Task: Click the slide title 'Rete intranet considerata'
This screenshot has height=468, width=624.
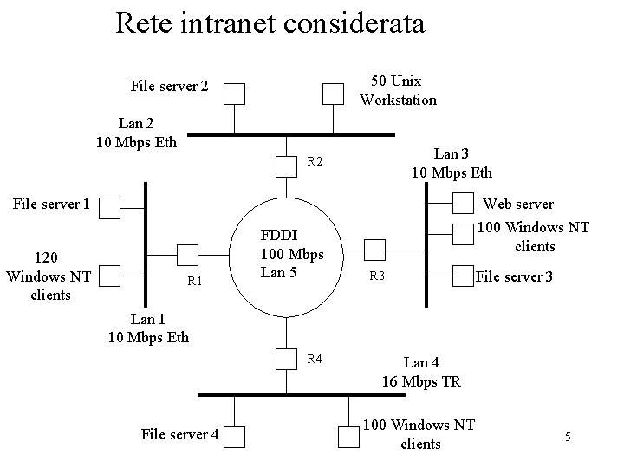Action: click(270, 23)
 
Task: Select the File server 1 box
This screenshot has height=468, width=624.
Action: click(109, 207)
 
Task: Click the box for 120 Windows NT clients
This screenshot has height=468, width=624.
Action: click(109, 275)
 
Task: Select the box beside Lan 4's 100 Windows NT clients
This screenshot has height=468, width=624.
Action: click(348, 436)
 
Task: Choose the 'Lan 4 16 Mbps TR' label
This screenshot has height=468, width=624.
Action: click(421, 373)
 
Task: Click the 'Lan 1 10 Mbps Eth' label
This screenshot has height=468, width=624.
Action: click(147, 328)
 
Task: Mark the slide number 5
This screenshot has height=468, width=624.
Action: click(568, 437)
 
